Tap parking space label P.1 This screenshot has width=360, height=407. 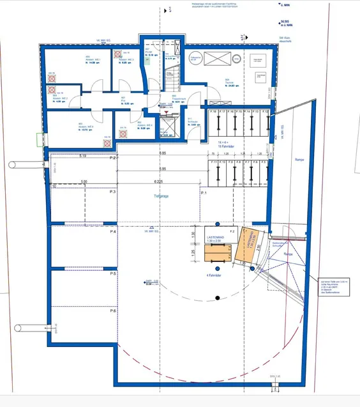point(204,193)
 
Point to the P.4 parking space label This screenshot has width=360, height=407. point(112,232)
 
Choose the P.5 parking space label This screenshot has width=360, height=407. point(112,273)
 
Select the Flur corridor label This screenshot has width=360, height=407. point(125,100)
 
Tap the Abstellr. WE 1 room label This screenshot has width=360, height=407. point(92,62)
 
